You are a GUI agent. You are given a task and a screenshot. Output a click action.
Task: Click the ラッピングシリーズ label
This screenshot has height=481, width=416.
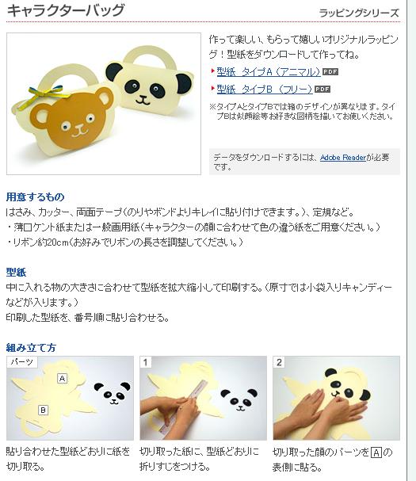(359, 13)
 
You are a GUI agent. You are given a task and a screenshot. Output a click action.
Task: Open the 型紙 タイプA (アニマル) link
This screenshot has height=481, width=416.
(269, 72)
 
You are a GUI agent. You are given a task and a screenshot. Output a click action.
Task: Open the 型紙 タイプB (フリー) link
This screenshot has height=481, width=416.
(265, 90)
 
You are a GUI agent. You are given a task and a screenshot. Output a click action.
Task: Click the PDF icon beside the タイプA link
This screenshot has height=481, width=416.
(330, 72)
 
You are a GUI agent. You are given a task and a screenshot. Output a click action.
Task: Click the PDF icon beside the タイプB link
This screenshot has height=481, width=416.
(322, 90)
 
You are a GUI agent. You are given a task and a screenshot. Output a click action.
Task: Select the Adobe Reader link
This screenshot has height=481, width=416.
(343, 158)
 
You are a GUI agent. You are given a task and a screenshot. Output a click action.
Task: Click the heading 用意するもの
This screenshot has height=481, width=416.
(36, 197)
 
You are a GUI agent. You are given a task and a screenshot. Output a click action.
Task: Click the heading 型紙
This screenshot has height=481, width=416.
(16, 272)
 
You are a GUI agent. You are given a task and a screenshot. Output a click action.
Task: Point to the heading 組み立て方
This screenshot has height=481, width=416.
(31, 348)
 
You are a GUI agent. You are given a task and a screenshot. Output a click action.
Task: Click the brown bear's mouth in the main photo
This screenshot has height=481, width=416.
(79, 132)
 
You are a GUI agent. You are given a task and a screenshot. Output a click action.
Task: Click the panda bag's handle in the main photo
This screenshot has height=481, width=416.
(150, 55)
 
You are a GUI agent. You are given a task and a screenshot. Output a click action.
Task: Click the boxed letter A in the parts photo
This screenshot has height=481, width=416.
(63, 378)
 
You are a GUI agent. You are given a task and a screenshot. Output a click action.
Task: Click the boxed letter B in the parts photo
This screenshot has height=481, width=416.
(43, 410)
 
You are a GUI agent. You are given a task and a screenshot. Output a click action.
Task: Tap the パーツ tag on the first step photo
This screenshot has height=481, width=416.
(21, 362)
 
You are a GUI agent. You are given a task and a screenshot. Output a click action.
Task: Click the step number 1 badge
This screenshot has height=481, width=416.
(146, 362)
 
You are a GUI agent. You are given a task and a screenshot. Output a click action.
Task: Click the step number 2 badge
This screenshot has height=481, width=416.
(279, 362)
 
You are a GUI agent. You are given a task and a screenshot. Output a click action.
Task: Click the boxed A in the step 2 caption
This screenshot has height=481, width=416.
(376, 452)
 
